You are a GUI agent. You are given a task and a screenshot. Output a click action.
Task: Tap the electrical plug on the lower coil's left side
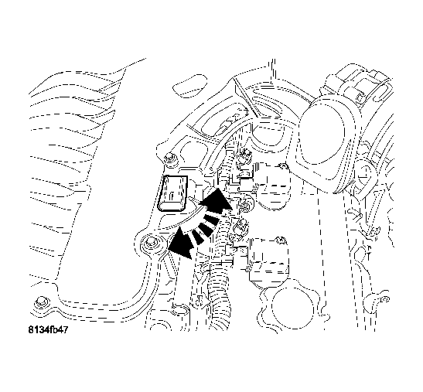point(240,227)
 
